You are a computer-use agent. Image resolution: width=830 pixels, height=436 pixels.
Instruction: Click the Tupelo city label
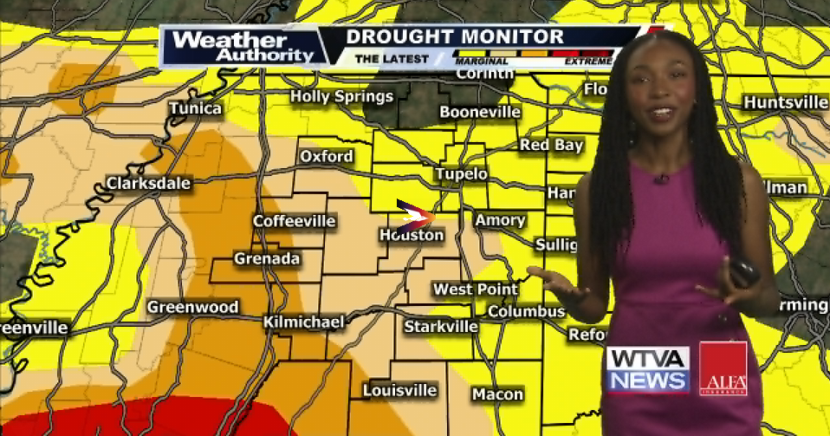[461, 174]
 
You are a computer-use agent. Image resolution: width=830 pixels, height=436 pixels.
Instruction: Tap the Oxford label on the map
[326, 157]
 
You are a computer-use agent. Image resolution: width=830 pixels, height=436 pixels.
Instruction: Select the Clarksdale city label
[148, 184]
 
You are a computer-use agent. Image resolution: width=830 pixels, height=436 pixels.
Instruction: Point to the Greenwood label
[192, 308]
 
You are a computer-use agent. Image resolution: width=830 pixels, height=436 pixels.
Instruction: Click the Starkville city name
[441, 327]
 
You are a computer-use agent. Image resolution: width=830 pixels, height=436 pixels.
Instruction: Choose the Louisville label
[399, 390]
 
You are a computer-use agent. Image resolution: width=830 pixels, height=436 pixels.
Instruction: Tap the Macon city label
[497, 394]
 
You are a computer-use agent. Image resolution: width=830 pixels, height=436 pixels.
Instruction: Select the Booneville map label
[480, 112]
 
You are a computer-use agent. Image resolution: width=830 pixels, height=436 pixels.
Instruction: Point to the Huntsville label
[785, 102]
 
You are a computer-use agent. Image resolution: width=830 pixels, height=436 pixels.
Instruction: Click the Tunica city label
[195, 108]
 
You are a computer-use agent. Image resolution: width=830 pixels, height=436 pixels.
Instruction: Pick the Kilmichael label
[303, 322]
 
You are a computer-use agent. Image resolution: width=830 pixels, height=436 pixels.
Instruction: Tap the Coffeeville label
[294, 222]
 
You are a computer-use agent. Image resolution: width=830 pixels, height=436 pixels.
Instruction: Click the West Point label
[476, 290]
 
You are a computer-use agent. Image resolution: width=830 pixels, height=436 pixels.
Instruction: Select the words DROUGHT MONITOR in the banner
[455, 37]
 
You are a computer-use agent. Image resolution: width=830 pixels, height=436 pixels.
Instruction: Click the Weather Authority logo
[242, 47]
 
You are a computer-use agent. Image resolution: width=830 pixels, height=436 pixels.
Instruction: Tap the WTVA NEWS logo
[647, 370]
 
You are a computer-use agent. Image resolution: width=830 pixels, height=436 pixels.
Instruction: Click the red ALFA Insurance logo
[723, 368]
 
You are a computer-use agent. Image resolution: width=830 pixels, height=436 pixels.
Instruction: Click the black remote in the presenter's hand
[744, 273]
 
